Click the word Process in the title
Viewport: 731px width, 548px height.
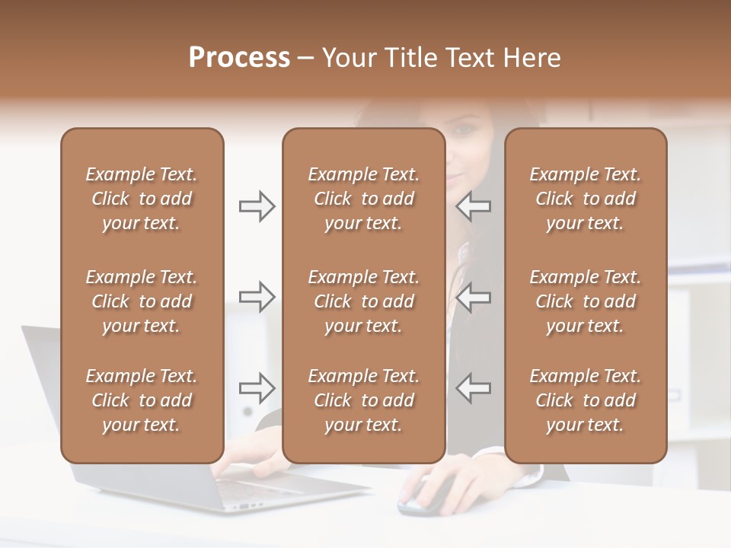pos(239,58)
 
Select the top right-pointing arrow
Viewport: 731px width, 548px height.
pos(257,206)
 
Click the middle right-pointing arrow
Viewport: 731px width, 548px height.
pos(257,297)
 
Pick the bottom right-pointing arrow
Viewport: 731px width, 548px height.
pos(257,387)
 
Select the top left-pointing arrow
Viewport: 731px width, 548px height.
pos(473,206)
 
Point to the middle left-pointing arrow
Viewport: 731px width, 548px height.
pos(473,297)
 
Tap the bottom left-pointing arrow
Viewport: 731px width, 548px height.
pos(473,387)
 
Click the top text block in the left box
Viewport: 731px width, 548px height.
pos(142,199)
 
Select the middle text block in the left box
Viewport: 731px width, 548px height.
pos(142,301)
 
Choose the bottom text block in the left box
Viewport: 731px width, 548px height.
pos(142,400)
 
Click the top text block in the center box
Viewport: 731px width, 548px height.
pos(363,199)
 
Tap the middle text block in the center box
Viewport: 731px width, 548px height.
pos(363,301)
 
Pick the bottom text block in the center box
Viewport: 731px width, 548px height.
pos(363,400)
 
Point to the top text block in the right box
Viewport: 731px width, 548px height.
pos(585,199)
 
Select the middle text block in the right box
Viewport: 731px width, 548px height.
pos(585,301)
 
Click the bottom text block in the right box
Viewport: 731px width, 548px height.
pos(585,400)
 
